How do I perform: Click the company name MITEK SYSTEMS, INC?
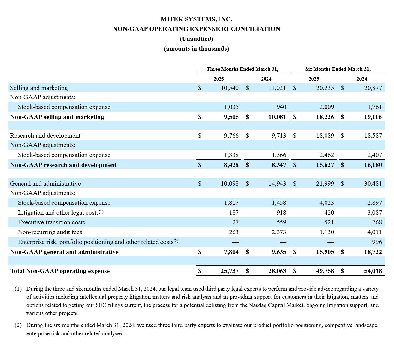click(196, 19)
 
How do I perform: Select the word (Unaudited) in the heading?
click(196, 39)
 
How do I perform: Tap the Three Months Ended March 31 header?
click(242, 69)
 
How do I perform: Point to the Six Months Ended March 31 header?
click(338, 69)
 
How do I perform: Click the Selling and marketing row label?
click(39, 88)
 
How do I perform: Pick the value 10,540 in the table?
click(230, 88)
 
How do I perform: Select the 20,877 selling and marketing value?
click(373, 88)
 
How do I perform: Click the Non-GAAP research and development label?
click(63, 165)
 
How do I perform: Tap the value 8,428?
click(231, 165)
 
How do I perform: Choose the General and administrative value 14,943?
click(277, 184)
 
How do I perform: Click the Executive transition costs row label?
click(51, 222)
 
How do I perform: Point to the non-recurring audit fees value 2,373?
click(279, 232)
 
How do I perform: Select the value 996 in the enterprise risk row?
click(377, 242)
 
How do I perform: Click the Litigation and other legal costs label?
click(59, 213)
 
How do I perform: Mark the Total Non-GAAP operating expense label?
click(60, 271)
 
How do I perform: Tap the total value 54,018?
click(373, 271)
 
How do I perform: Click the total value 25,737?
click(230, 271)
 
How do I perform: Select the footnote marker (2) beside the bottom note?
click(18, 325)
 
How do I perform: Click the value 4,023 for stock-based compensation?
click(326, 203)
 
